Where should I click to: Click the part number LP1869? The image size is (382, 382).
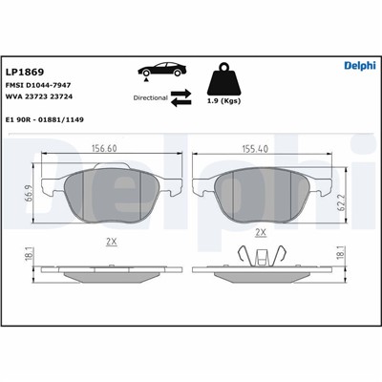coord(25,73)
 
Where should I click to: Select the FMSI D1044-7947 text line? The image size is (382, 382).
coord(38,85)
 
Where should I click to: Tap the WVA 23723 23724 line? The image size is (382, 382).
coord(39,96)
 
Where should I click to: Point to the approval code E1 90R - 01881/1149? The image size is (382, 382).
coord(45,120)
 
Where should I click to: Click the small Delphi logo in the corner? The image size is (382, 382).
coord(360,65)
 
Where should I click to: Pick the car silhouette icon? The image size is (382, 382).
coord(161,71)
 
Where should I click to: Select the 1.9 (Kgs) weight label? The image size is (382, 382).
coord(224,101)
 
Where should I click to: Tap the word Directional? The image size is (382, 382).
coord(150,98)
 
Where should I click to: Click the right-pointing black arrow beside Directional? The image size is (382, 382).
coord(180,94)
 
